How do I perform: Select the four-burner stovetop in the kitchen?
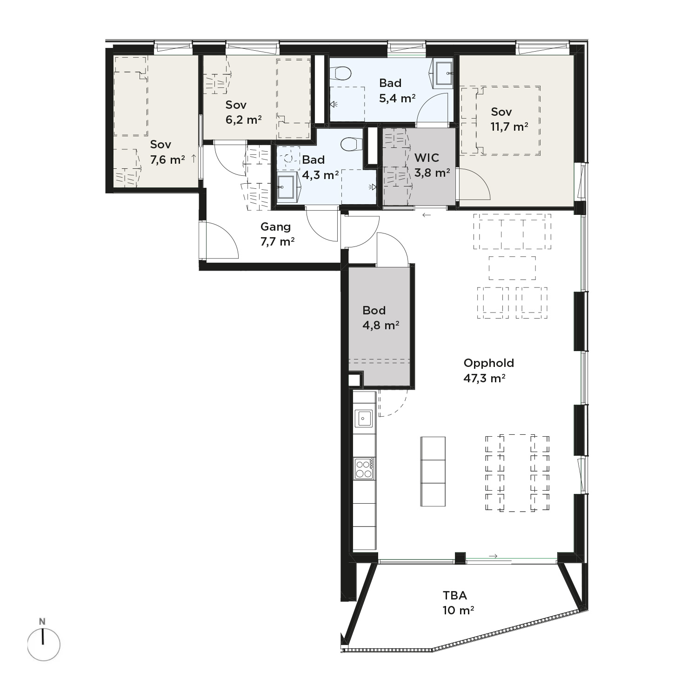point(364,469)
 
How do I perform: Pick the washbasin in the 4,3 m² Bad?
point(287,187)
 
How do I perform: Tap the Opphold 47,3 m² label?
point(488,370)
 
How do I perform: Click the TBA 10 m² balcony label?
point(458,603)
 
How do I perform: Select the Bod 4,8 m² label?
point(380,318)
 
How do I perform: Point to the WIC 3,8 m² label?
point(432,165)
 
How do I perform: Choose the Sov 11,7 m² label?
point(509,119)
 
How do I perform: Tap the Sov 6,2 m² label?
point(243,112)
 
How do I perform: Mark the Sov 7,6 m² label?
point(167,152)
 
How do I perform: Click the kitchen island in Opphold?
point(433,471)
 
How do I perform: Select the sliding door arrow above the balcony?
point(494,556)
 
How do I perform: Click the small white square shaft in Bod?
point(354,379)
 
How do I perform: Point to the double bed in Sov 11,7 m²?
point(508,120)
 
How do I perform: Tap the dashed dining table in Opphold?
point(517,473)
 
